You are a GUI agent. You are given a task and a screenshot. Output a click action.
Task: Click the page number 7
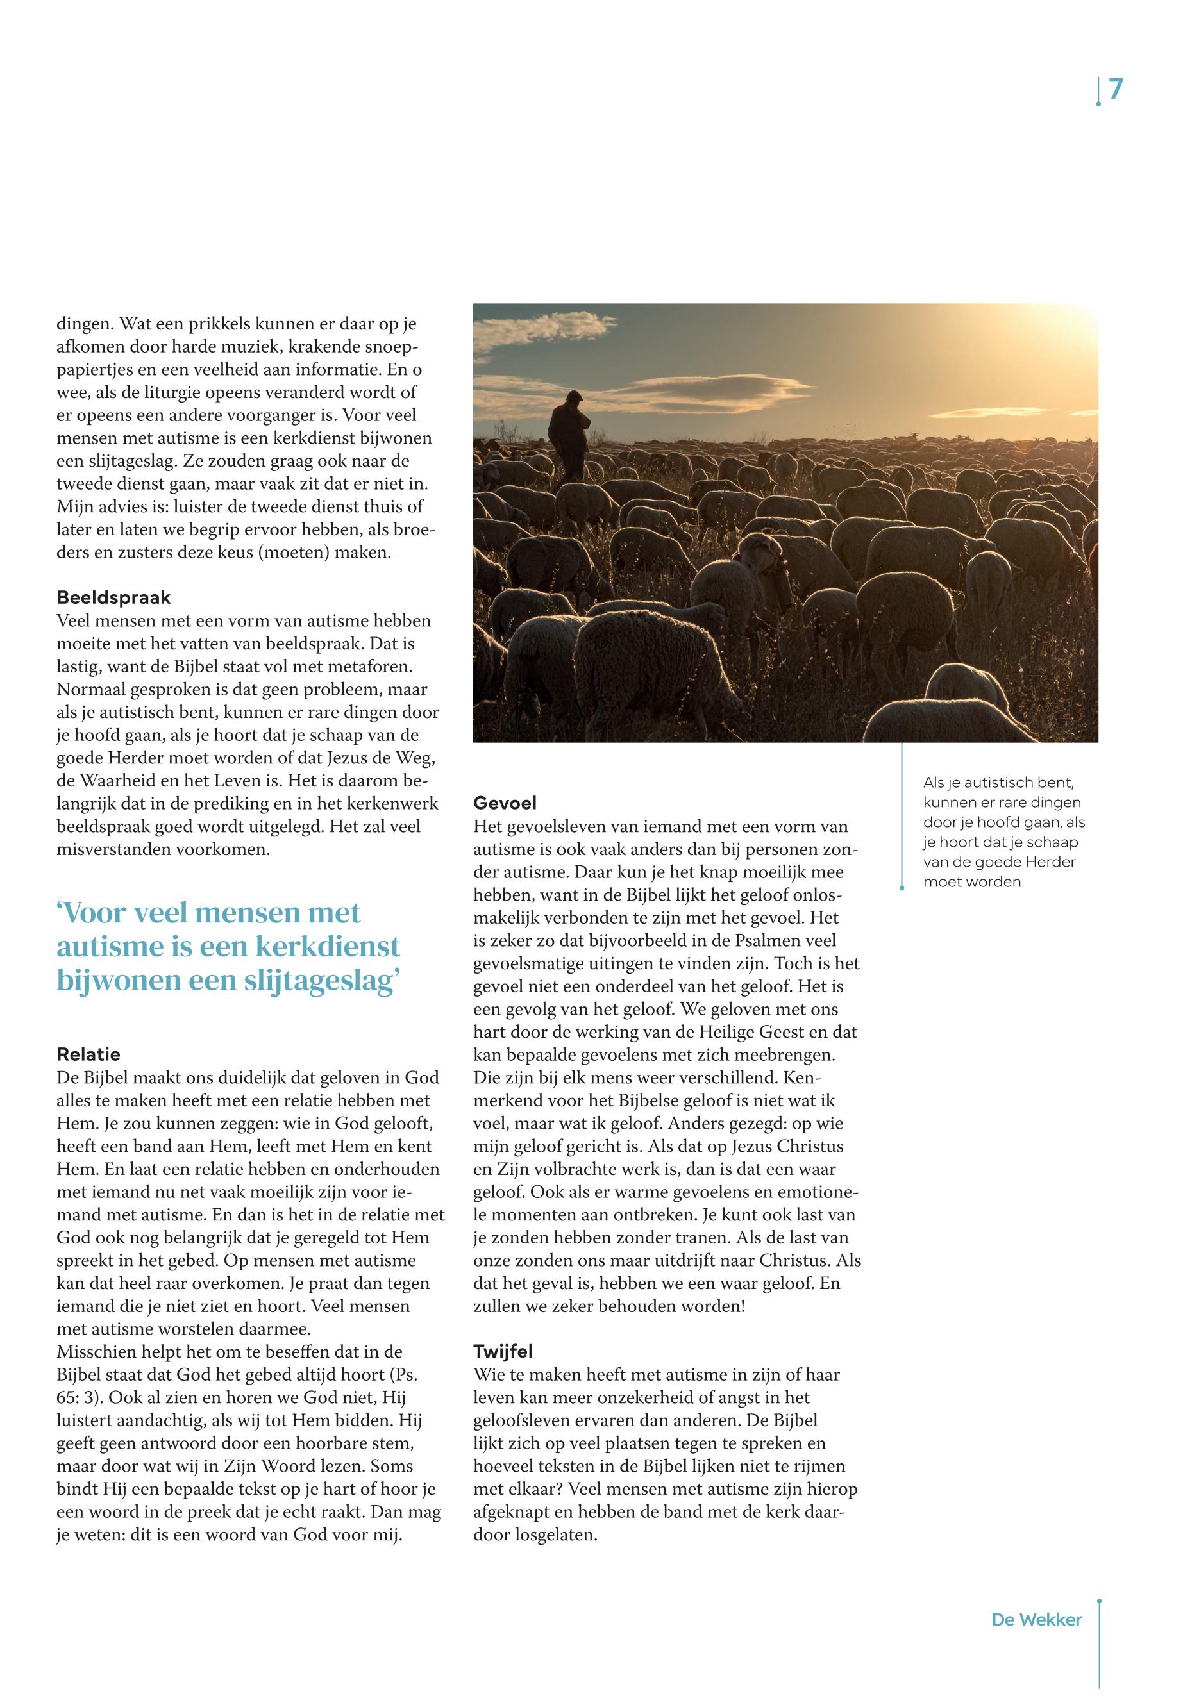click(x=1116, y=90)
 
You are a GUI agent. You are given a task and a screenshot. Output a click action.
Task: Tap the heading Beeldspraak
click(x=113, y=597)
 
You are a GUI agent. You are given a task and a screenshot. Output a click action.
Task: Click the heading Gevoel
click(x=505, y=803)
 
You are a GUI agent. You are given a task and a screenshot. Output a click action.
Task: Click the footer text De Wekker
click(x=1036, y=1620)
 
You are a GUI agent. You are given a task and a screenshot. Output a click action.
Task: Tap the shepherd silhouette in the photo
click(x=569, y=435)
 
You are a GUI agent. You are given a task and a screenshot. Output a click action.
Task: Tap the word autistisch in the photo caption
click(x=998, y=783)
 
